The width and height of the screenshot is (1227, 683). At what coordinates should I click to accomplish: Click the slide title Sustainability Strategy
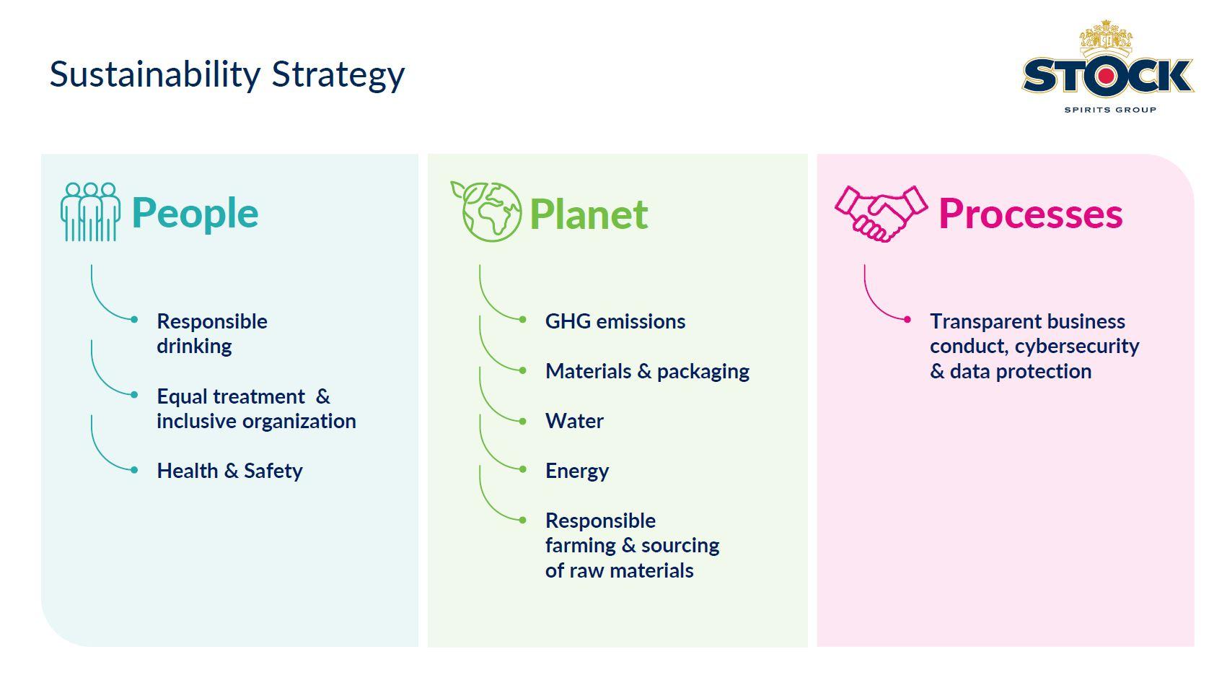click(x=227, y=75)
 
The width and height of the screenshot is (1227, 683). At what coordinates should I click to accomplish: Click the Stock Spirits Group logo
click(x=1107, y=67)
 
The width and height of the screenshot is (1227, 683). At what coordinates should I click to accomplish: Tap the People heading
click(x=195, y=214)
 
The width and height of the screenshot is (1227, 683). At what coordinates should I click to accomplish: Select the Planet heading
click(x=589, y=214)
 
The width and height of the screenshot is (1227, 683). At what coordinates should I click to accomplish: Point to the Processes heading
click(x=1031, y=214)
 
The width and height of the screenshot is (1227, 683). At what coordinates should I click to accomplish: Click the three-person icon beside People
click(x=90, y=212)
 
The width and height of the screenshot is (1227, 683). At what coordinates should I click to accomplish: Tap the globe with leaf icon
click(x=486, y=212)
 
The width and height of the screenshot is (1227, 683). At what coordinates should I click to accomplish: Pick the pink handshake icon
click(x=881, y=214)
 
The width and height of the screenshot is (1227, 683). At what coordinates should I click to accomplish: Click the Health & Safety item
click(x=229, y=471)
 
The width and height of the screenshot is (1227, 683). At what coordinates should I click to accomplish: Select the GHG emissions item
click(x=615, y=321)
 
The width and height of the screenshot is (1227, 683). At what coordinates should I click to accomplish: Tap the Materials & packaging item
click(x=648, y=372)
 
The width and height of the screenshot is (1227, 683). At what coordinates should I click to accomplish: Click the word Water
click(x=574, y=421)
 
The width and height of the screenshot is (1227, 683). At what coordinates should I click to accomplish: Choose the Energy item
click(x=577, y=471)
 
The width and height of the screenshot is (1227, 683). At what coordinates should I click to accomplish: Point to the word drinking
click(x=194, y=347)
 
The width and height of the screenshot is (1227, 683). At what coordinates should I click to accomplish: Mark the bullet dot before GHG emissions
click(x=522, y=320)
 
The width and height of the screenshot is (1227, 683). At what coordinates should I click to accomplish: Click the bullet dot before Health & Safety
click(x=134, y=470)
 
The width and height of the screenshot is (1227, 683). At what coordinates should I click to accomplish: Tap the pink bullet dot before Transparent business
click(x=907, y=320)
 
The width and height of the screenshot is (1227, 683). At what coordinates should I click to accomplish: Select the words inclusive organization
click(x=256, y=422)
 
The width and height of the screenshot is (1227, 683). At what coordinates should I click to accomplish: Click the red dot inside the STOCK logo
click(x=1106, y=77)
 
